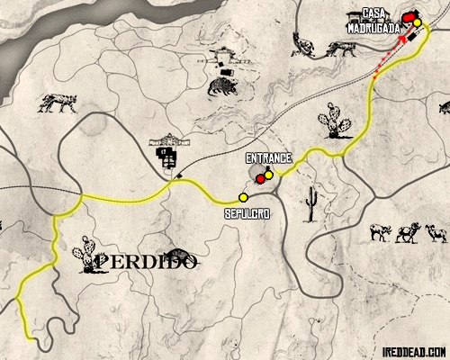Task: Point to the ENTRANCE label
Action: [268, 157]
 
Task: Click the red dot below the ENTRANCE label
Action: [260, 179]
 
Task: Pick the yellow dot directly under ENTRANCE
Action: [268, 175]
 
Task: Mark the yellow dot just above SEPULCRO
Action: [243, 198]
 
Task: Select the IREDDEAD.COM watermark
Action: [412, 351]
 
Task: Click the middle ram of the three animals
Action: [409, 231]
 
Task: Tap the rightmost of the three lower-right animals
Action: [436, 232]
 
